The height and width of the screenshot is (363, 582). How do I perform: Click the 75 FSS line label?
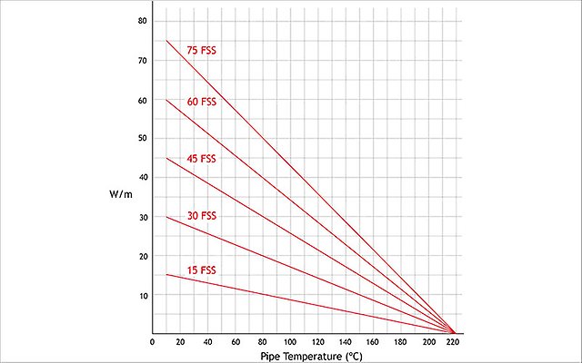click(x=201, y=50)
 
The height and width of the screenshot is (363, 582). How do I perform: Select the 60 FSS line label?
click(x=201, y=102)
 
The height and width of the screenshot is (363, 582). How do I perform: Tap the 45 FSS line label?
click(x=201, y=159)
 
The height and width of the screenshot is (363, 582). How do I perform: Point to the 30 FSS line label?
click(x=201, y=216)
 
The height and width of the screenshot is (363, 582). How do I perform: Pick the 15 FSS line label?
click(x=201, y=270)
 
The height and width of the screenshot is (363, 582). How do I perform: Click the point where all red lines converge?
click(x=455, y=333)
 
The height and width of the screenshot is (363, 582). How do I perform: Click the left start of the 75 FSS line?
click(x=166, y=41)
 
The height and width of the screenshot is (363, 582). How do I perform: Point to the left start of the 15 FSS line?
click(x=166, y=274)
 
